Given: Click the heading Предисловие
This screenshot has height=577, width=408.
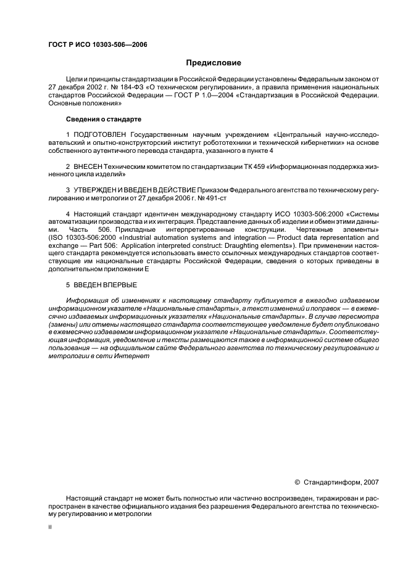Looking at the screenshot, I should click(x=214, y=63).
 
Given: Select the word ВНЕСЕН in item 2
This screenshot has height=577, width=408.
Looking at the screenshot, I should click(x=90, y=166).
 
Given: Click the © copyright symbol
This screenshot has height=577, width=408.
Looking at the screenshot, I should click(x=297, y=481).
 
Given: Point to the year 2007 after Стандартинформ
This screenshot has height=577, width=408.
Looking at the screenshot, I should click(x=371, y=481).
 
